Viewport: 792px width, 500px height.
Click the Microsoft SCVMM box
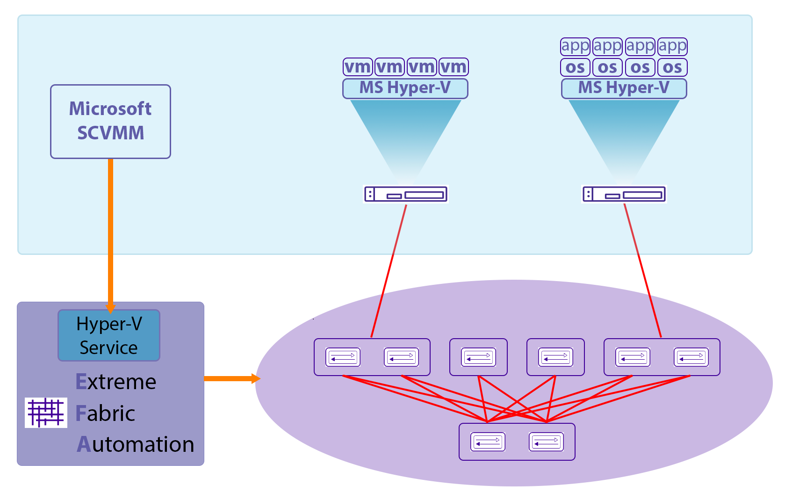click(110, 121)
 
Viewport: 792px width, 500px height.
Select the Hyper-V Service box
click(109, 335)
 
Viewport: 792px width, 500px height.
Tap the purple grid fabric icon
click(46, 413)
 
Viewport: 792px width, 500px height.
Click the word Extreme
click(116, 382)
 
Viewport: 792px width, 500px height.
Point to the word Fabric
click(105, 413)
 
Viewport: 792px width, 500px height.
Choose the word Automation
click(136, 444)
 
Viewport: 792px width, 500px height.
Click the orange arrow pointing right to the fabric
click(232, 378)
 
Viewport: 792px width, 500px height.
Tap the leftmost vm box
click(358, 67)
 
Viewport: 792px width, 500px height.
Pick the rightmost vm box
click(454, 67)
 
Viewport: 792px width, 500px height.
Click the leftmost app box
click(576, 46)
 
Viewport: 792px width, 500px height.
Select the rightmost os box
click(672, 67)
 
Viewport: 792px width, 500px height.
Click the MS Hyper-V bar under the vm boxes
click(405, 88)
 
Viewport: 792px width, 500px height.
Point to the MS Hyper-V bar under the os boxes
click(624, 88)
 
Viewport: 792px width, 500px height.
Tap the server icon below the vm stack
click(406, 194)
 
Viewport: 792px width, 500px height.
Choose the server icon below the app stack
click(624, 194)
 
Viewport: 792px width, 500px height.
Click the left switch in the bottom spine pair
click(488, 442)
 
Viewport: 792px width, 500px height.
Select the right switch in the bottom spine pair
click(546, 442)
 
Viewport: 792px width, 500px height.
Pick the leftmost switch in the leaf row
click(343, 357)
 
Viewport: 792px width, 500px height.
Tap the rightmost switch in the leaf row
click(691, 357)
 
